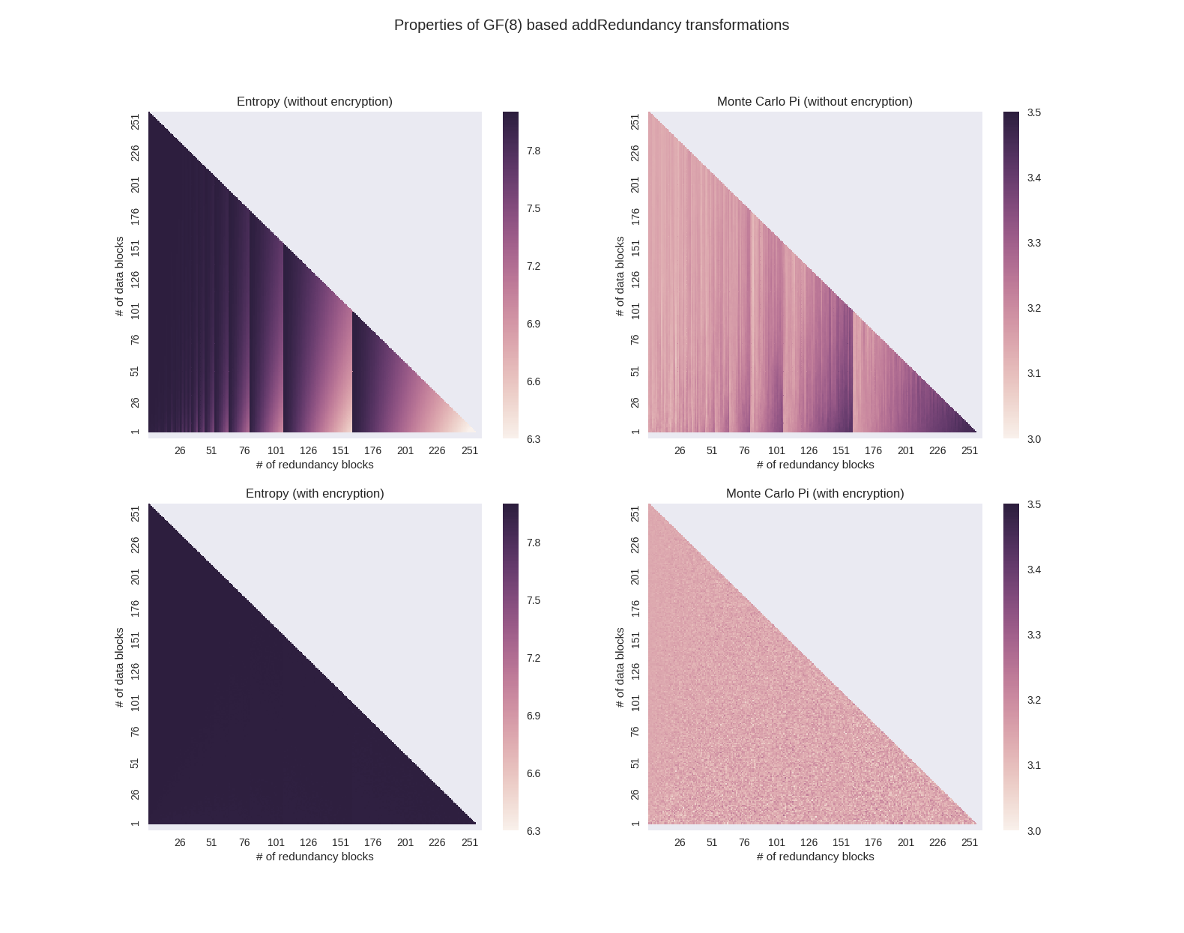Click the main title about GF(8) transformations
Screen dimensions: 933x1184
[x=591, y=25]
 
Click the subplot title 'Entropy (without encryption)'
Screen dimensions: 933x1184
[x=315, y=101]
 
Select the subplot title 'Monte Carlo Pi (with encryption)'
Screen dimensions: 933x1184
[x=815, y=493]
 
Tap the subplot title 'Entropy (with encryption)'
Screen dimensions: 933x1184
[x=315, y=493]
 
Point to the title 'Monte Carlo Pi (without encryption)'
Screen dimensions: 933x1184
[x=815, y=101]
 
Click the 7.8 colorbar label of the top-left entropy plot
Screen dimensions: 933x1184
[x=534, y=151]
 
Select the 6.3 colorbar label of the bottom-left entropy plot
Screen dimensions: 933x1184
[x=534, y=831]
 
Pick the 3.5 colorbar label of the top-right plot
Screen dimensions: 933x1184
[x=1033, y=112]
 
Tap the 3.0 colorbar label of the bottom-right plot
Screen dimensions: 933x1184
[x=1033, y=831]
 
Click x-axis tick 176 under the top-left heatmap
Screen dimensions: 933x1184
[x=372, y=450]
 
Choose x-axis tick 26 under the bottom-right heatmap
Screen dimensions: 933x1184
[x=680, y=842]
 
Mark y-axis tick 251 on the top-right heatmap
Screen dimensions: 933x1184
[x=635, y=121]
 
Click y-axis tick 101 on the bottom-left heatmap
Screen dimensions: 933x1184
[x=135, y=702]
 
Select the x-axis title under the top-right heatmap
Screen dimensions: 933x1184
[x=815, y=465]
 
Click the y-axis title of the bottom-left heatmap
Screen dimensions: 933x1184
[x=119, y=668]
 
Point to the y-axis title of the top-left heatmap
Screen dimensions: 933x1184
[x=119, y=276]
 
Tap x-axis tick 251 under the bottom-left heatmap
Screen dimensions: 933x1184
[x=470, y=842]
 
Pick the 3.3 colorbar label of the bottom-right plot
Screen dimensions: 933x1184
[x=1033, y=635]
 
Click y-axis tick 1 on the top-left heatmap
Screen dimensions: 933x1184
[x=135, y=431]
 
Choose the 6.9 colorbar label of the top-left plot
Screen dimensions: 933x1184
[x=534, y=324]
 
